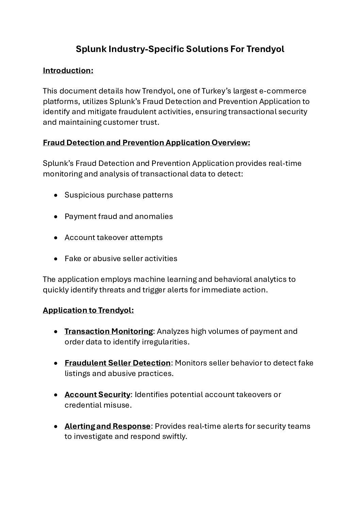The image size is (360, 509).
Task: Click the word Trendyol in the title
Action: click(265, 49)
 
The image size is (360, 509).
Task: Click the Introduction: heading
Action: click(68, 70)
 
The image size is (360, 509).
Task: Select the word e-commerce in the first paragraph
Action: click(283, 91)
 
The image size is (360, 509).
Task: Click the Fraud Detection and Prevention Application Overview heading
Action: click(146, 142)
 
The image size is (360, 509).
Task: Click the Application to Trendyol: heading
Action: click(88, 310)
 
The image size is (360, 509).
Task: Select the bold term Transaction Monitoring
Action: click(109, 331)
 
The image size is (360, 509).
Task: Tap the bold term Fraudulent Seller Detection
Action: click(117, 363)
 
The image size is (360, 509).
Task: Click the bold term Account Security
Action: click(97, 394)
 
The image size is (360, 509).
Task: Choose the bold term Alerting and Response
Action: click(108, 426)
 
